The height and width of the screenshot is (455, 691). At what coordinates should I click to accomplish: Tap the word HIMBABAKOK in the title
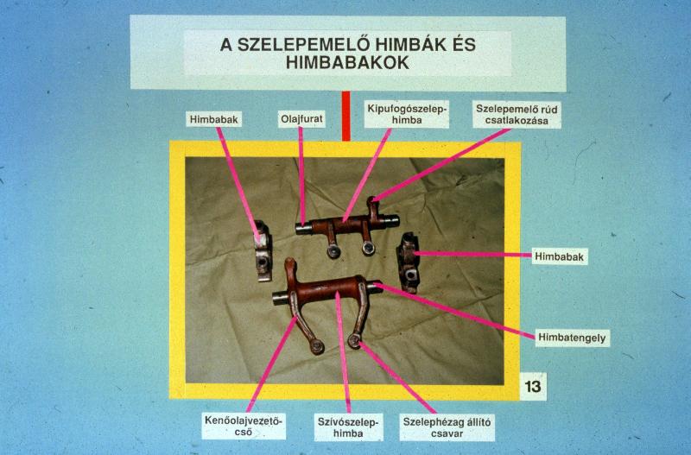coord(347,63)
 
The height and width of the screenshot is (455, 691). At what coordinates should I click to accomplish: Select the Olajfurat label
coord(301,119)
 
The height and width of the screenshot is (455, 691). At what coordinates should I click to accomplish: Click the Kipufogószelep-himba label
coord(406,114)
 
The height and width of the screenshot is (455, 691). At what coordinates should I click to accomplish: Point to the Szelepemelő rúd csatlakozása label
coord(517,115)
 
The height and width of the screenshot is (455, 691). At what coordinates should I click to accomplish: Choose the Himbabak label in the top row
coord(213,119)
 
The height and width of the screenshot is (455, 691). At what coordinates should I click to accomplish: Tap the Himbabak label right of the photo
coord(559,256)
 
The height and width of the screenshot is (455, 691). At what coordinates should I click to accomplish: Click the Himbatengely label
coord(572,338)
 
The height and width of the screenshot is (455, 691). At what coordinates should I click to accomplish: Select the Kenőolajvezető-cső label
coord(244,426)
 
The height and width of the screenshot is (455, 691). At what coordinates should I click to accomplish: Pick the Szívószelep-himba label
coord(348,427)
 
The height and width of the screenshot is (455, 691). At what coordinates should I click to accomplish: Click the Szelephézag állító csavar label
coord(447,427)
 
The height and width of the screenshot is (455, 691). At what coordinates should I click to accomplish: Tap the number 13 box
coord(533,386)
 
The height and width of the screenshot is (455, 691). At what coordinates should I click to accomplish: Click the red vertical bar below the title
coord(346,117)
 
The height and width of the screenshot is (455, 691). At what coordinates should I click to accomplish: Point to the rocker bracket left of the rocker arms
coord(263,250)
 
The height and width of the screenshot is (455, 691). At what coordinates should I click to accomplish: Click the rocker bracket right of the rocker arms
coord(408,262)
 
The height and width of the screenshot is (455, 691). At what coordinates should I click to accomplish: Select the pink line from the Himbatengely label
coord(455,312)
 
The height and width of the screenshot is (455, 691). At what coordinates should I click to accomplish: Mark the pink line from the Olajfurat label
coord(301,176)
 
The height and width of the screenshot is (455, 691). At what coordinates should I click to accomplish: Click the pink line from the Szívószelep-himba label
coord(343,352)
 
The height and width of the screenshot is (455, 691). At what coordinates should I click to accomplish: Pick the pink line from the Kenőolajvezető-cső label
coord(272,364)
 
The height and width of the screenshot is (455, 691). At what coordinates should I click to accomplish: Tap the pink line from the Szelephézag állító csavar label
coord(397,378)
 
